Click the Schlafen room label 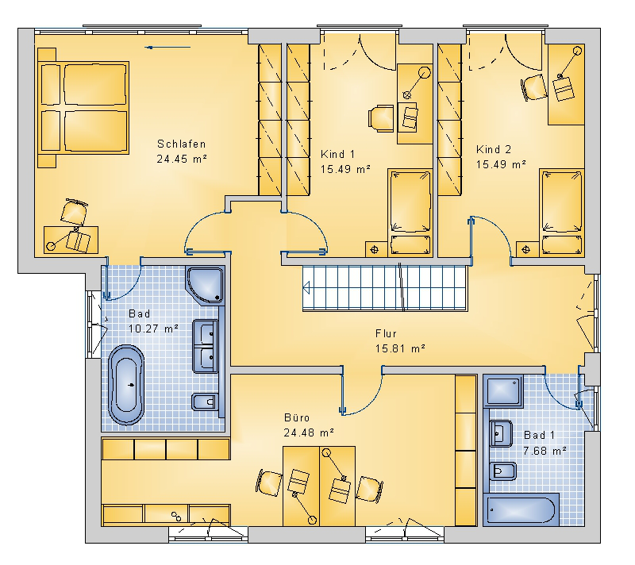point(181,144)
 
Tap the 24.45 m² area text point(182,159)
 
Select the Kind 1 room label point(338,154)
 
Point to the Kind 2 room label point(494,150)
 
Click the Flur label point(386,333)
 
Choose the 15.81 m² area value point(400,348)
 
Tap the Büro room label point(297,417)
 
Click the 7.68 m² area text point(545,451)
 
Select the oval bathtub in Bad point(126,385)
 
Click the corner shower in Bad point(206,285)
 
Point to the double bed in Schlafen point(83,107)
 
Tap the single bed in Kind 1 point(410,213)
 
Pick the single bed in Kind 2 point(561,213)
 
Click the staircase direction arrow point(306,288)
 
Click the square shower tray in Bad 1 point(503,390)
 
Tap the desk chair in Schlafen point(74,212)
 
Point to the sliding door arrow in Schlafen point(167,48)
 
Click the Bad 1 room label point(539,436)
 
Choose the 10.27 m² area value point(153,329)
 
